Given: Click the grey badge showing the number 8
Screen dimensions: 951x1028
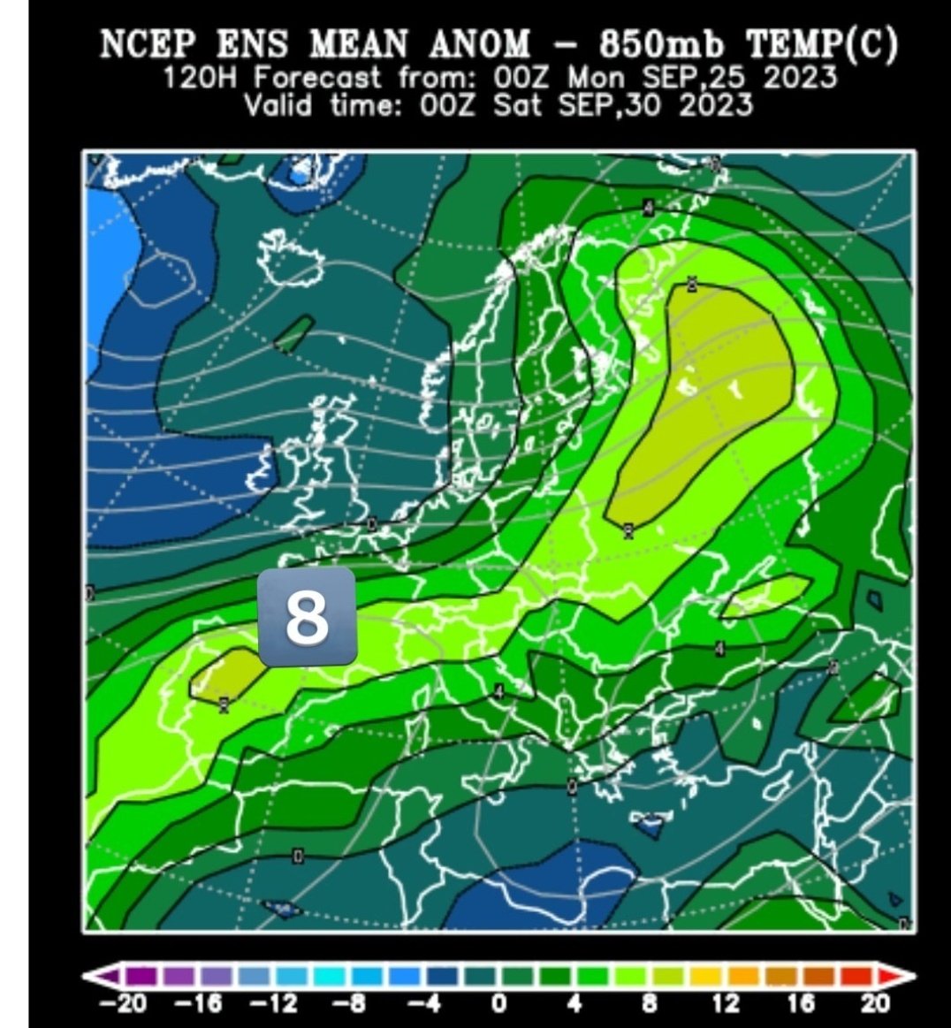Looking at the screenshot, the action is (x=307, y=617).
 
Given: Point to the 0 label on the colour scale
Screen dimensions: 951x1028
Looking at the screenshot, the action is (x=498, y=1003).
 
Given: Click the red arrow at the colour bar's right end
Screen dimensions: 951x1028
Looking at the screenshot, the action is (x=903, y=977).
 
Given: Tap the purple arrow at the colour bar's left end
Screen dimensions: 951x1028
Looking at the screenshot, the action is (x=97, y=977).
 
